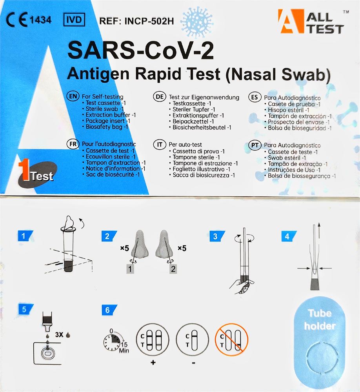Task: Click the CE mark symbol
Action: tap(17, 20)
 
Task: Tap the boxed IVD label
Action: tap(74, 20)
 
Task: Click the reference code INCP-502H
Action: tap(149, 21)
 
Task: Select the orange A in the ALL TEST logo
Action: tap(291, 21)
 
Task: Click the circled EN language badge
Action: tap(73, 96)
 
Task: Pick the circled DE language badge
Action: tap(160, 97)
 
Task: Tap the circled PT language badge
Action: tap(255, 145)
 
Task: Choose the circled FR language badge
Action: tap(73, 144)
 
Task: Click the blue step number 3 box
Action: tap(217, 236)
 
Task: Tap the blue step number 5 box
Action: tap(26, 309)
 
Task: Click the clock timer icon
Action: tap(113, 341)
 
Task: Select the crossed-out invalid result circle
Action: tap(231, 339)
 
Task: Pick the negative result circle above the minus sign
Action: tap(193, 339)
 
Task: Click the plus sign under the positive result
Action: tap(153, 362)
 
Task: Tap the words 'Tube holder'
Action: tap(320, 319)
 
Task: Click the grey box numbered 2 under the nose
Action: tap(173, 269)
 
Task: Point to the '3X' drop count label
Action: tap(59, 334)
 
